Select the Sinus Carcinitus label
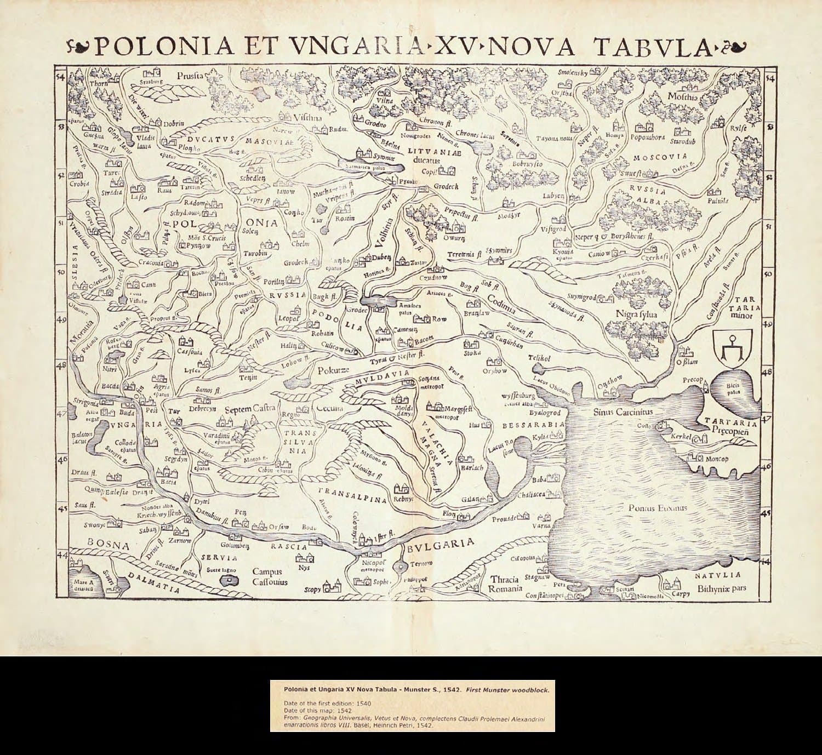[x=619, y=411]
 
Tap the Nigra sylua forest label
[x=636, y=314]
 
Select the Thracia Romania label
[x=505, y=584]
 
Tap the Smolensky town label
[x=572, y=72]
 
